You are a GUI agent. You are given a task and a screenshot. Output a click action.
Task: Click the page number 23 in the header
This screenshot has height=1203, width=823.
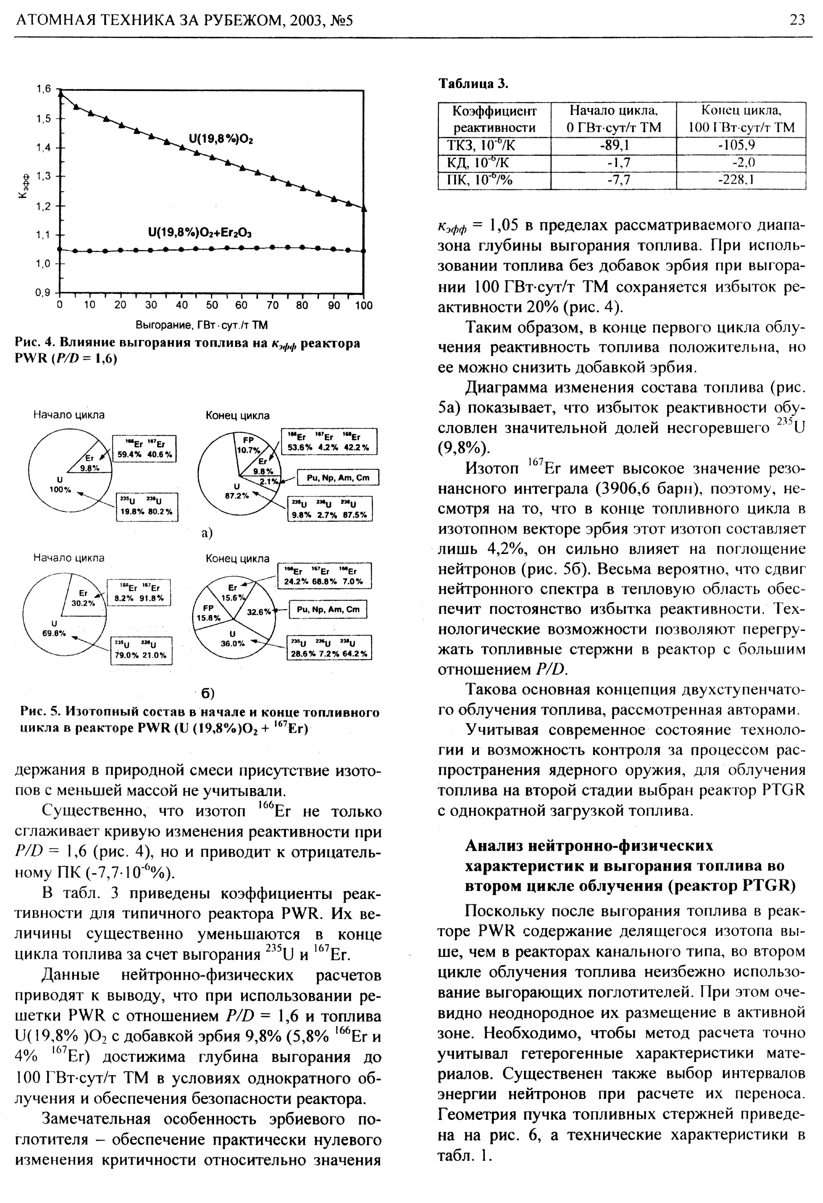tap(797, 20)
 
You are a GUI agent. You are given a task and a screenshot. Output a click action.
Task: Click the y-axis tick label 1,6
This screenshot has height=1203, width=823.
tap(44, 89)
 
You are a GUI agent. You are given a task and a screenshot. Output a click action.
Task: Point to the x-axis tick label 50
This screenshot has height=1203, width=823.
tap(212, 306)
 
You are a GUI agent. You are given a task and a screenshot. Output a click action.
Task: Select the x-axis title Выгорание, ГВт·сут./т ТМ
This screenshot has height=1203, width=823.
tap(201, 325)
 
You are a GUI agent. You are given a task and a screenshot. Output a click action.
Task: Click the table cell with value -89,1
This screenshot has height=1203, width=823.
tap(613, 145)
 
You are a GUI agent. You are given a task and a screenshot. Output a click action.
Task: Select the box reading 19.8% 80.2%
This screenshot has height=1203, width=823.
tap(147, 507)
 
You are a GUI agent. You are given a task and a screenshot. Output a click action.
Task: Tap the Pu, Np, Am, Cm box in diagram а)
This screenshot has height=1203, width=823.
tap(338, 477)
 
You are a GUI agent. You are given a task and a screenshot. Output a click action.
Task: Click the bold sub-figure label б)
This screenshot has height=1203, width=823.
tap(207, 693)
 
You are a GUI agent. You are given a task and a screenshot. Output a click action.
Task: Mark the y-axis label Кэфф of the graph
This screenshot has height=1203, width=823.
tap(22, 191)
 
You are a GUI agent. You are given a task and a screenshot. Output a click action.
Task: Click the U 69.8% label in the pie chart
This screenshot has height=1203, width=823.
tap(54, 627)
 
